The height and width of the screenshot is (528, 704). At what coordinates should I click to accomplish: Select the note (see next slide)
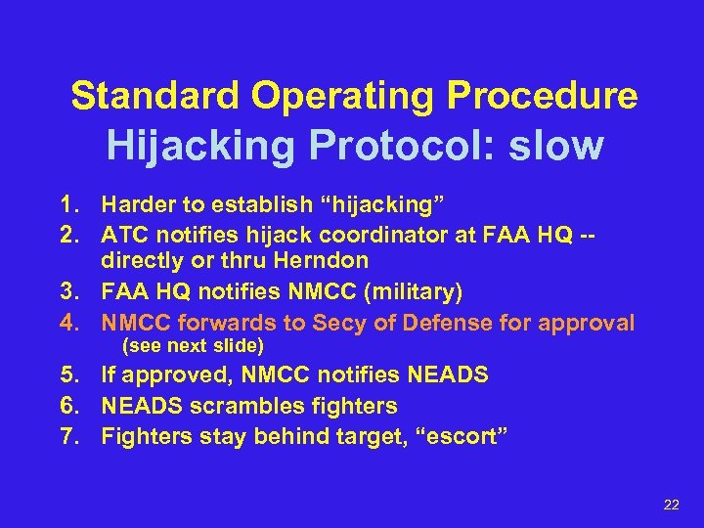(x=192, y=346)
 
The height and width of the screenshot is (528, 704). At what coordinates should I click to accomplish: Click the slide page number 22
(x=671, y=504)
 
